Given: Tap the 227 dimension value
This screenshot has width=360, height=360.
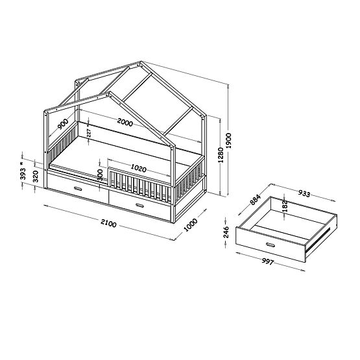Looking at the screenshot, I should coord(90,133).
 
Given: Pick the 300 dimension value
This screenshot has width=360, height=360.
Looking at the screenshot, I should coord(100,174).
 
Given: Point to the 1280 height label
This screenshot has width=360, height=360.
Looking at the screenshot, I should coord(221,156).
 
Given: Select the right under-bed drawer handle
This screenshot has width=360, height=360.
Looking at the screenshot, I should coord(139,205).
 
